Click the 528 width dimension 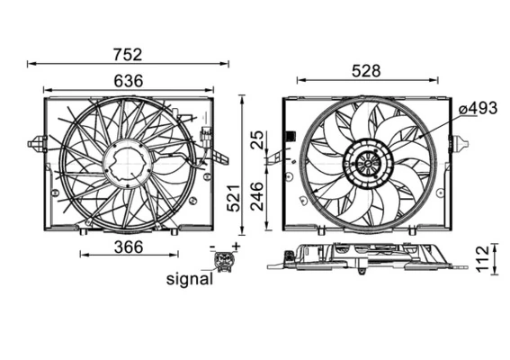tap(366, 69)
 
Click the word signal tap(190, 279)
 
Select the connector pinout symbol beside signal tap(222, 261)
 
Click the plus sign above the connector tap(237, 246)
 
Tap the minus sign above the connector tap(212, 247)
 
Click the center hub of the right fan tap(367, 164)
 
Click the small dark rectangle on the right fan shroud tap(291, 137)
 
